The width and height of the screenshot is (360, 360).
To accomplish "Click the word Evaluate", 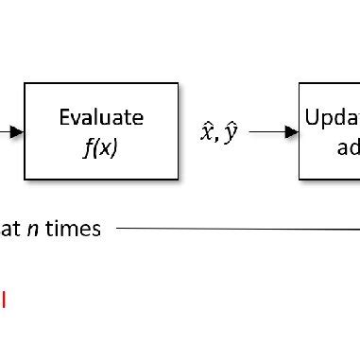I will point(101,117).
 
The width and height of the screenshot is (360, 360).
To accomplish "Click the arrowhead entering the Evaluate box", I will point(16,132).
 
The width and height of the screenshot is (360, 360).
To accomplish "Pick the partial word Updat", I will point(332,117).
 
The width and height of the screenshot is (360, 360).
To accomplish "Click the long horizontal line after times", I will point(236,228).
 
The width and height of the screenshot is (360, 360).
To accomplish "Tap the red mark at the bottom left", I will point(3,300).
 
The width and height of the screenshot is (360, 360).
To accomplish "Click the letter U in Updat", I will point(312,117).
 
